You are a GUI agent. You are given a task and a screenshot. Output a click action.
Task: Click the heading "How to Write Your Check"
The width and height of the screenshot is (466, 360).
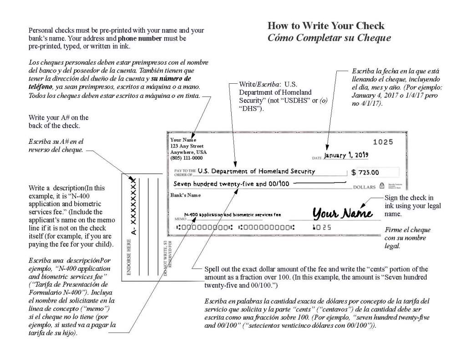coord(326,25)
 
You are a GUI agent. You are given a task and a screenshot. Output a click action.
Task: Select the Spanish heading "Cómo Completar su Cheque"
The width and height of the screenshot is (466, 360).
coord(329,38)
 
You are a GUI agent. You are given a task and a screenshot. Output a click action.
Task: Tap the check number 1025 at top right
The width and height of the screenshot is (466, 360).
coord(383,142)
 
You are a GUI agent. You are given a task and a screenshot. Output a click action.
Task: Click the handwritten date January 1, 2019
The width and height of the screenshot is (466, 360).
coord(346,155)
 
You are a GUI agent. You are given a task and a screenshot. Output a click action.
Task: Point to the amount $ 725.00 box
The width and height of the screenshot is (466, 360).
coord(375,172)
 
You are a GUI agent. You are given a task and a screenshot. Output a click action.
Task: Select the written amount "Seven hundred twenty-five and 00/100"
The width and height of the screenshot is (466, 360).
coord(232,184)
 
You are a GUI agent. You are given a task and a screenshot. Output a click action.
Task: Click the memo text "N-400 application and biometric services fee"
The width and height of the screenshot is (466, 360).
coord(233,214)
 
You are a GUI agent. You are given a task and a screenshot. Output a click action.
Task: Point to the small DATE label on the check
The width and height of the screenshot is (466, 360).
coord(317,158)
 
